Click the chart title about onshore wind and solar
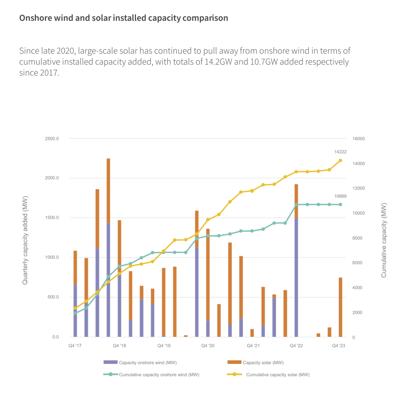[123, 18]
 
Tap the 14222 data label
[340, 152]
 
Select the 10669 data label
[340, 196]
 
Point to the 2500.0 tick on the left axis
[52, 139]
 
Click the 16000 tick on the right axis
[359, 139]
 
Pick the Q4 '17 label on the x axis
[75, 346]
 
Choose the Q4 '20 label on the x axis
[208, 346]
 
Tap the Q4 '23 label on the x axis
[339, 346]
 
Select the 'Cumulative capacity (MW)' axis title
[384, 240]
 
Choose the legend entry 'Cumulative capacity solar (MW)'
[278, 375]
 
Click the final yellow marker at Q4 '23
[340, 161]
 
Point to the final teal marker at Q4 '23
[340, 205]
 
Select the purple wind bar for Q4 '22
[296, 279]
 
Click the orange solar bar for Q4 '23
[340, 307]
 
